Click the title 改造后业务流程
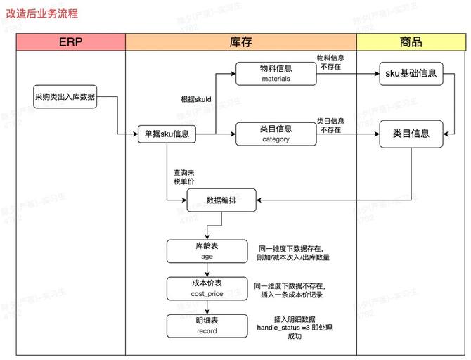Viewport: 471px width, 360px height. (42, 13)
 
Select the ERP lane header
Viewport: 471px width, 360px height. (70, 42)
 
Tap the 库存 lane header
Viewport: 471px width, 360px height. (240, 42)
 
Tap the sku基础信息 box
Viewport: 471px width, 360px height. (411, 73)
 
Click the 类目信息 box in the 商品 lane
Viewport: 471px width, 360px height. (411, 133)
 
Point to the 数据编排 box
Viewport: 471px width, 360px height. (221, 200)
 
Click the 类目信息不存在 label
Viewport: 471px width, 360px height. (330, 125)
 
